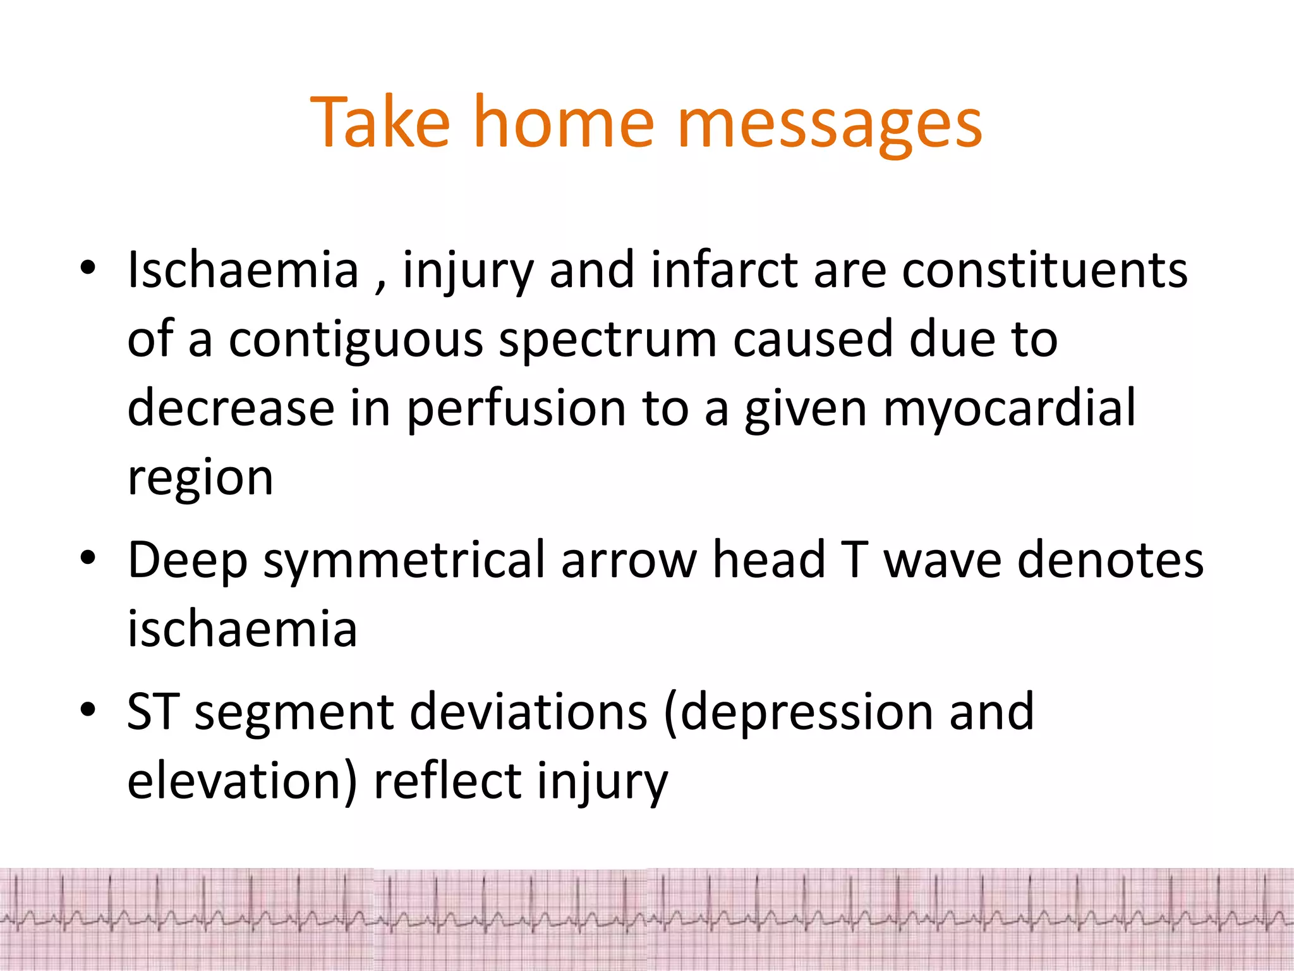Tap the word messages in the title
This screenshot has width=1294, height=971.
(x=829, y=123)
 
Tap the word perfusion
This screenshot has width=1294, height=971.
(x=516, y=410)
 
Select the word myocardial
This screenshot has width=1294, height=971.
(x=1009, y=410)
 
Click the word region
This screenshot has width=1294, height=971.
(x=200, y=479)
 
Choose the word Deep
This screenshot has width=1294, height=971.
(x=188, y=561)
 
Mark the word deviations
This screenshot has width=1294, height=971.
(x=528, y=711)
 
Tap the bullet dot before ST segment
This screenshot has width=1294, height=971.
(x=88, y=710)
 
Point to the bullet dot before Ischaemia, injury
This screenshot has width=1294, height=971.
(x=88, y=269)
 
